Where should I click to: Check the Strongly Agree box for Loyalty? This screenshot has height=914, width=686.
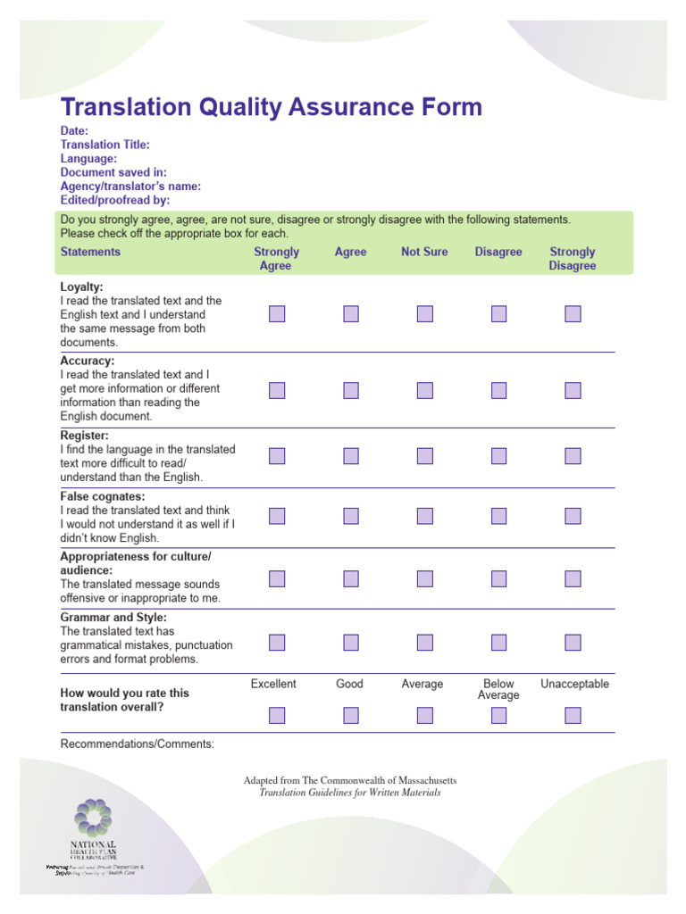(277, 314)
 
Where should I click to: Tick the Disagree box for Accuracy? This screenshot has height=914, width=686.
(498, 390)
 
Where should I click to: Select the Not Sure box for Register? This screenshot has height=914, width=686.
(424, 456)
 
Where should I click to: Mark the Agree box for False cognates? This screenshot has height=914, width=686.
(350, 516)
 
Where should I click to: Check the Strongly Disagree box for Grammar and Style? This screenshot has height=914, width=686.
(573, 643)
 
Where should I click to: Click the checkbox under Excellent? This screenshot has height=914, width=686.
(277, 715)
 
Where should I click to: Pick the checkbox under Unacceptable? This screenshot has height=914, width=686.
(573, 715)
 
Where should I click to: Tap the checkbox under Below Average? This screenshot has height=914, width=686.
(498, 715)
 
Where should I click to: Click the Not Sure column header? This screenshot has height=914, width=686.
(424, 252)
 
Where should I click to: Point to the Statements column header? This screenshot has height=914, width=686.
(90, 252)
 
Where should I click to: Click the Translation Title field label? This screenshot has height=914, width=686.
(105, 145)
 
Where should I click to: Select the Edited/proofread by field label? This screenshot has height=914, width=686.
(114, 200)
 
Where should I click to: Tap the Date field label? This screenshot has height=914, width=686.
(74, 130)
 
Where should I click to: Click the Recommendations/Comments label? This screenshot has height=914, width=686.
(137, 744)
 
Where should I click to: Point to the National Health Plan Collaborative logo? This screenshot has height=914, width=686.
(94, 834)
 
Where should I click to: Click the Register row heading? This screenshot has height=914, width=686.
(85, 436)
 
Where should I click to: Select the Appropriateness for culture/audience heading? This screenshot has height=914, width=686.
(136, 563)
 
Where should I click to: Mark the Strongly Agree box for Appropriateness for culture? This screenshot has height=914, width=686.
(277, 578)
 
